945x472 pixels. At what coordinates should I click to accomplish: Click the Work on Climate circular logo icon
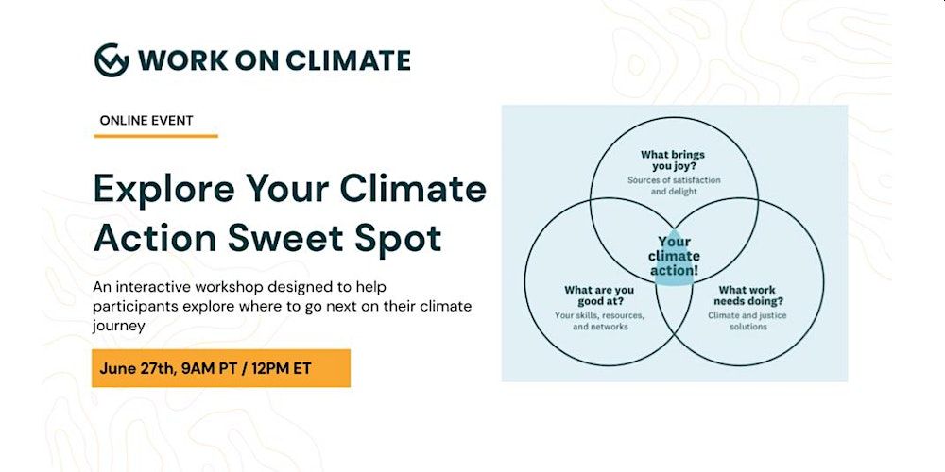(112, 60)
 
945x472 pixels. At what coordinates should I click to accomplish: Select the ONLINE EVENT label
(146, 121)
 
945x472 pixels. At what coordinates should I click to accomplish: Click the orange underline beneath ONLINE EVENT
(156, 136)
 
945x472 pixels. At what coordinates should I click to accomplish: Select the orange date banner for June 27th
(221, 368)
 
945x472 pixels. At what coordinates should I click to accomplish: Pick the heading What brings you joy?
(673, 160)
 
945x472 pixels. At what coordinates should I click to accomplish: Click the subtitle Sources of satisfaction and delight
(673, 185)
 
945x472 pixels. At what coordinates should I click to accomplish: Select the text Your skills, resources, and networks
(599, 321)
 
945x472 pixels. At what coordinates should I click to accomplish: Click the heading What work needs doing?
(747, 295)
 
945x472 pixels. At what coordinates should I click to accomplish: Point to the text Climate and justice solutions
(747, 321)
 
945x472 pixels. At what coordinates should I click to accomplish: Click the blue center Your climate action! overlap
(674, 257)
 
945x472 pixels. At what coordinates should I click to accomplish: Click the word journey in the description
(119, 327)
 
